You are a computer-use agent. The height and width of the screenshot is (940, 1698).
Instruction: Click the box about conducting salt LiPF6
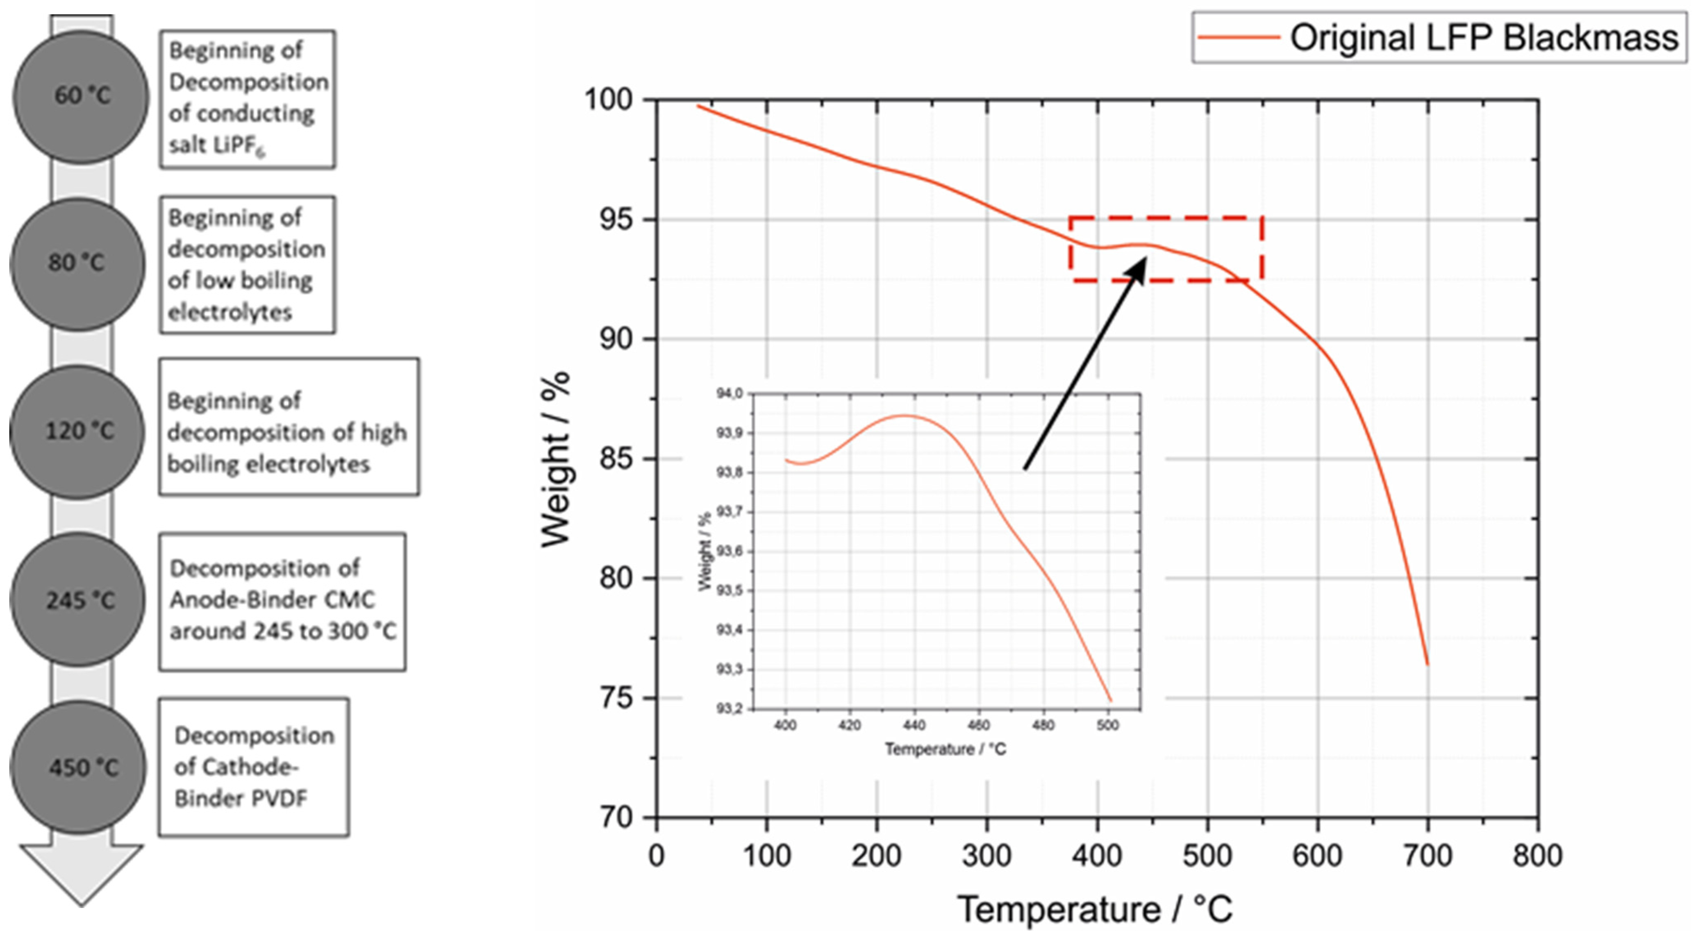247,99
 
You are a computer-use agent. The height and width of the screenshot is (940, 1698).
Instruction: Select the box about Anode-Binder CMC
282,601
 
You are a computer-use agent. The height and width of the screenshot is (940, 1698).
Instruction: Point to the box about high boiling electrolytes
289,427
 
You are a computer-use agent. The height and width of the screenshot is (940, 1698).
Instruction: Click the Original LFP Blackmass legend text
1484,38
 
